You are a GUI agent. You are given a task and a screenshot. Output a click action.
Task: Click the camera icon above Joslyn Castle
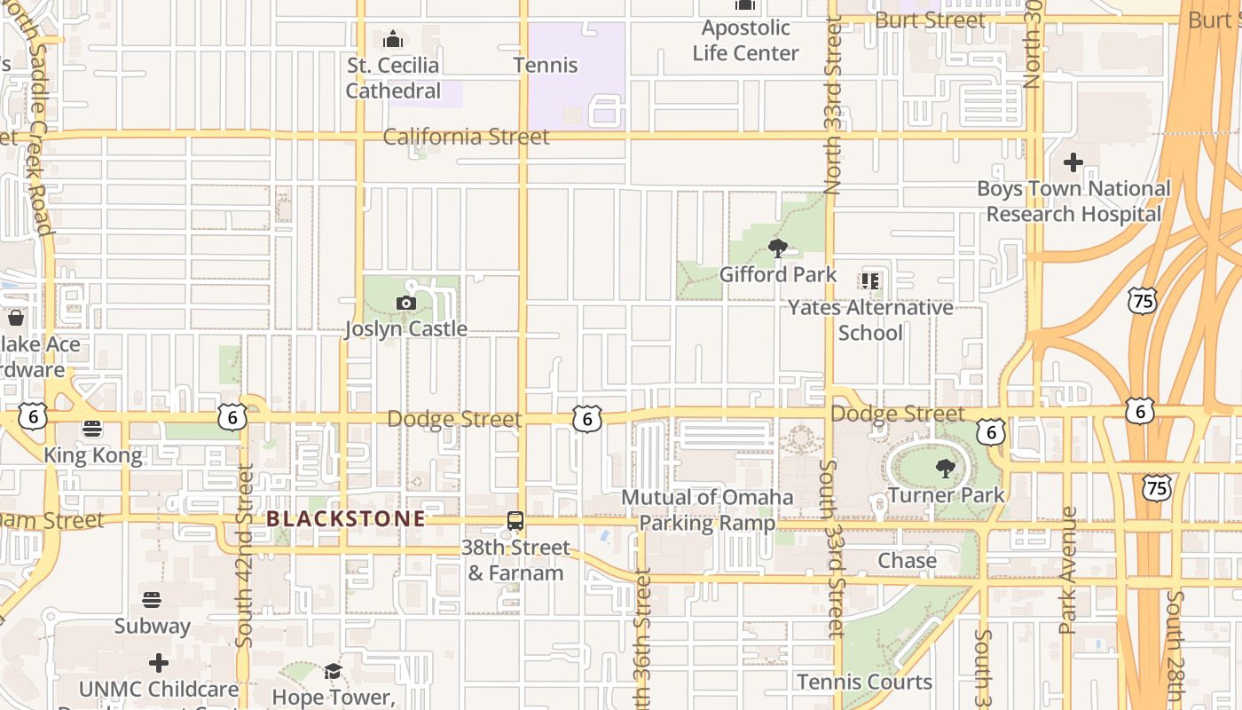pos(406,304)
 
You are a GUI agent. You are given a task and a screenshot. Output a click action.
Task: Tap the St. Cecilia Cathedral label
pos(393,78)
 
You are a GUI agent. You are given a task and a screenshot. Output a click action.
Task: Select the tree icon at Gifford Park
pos(777,248)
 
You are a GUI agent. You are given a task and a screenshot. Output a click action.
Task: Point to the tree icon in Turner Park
pos(946,468)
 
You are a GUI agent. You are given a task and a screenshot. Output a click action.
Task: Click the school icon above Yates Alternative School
pos(869,281)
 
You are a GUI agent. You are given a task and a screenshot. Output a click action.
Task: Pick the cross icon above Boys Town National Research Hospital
pos(1073,162)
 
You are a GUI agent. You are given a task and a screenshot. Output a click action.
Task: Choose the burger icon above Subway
pos(152,600)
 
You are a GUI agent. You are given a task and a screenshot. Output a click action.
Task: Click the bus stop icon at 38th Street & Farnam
pos(515,522)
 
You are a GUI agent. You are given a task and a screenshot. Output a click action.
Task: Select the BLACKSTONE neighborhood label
pos(346,519)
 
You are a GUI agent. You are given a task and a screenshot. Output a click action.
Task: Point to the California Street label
pos(467,137)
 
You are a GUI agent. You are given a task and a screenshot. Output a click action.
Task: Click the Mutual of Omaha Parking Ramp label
pos(707,509)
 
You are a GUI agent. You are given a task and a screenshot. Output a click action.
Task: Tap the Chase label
pos(907,561)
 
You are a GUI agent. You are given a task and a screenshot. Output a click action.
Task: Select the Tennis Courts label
pos(864,682)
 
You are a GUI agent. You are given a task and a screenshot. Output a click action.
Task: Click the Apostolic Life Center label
pos(745,41)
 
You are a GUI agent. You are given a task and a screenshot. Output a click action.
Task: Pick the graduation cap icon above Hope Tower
pos(333,671)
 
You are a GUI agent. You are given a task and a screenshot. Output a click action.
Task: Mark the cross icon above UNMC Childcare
pos(159,663)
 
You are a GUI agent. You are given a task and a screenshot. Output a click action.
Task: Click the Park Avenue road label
pos(1068,570)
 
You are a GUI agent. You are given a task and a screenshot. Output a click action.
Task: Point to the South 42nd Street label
pos(246,555)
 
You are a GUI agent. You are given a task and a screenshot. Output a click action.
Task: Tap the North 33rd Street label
pos(832,106)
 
